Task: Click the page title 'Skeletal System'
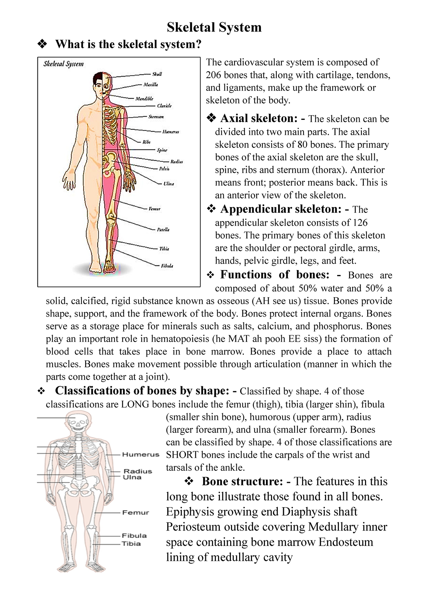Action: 214,27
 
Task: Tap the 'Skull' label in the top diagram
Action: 157,74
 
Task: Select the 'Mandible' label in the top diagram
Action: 144,98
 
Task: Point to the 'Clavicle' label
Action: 164,106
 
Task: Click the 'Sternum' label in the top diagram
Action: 156,117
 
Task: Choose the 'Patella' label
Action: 163,230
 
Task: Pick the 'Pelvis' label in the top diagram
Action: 164,168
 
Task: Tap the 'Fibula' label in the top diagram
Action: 167,266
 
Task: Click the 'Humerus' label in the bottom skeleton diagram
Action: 140,455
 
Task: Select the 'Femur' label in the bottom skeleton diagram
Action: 135,513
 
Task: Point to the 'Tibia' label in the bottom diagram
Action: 131,544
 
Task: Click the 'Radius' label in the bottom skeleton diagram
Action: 138,471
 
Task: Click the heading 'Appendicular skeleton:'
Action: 281,209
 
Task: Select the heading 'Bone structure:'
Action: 243,481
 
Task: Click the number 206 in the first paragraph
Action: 213,75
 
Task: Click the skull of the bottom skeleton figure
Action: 77,422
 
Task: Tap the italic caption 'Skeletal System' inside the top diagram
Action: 64,64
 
